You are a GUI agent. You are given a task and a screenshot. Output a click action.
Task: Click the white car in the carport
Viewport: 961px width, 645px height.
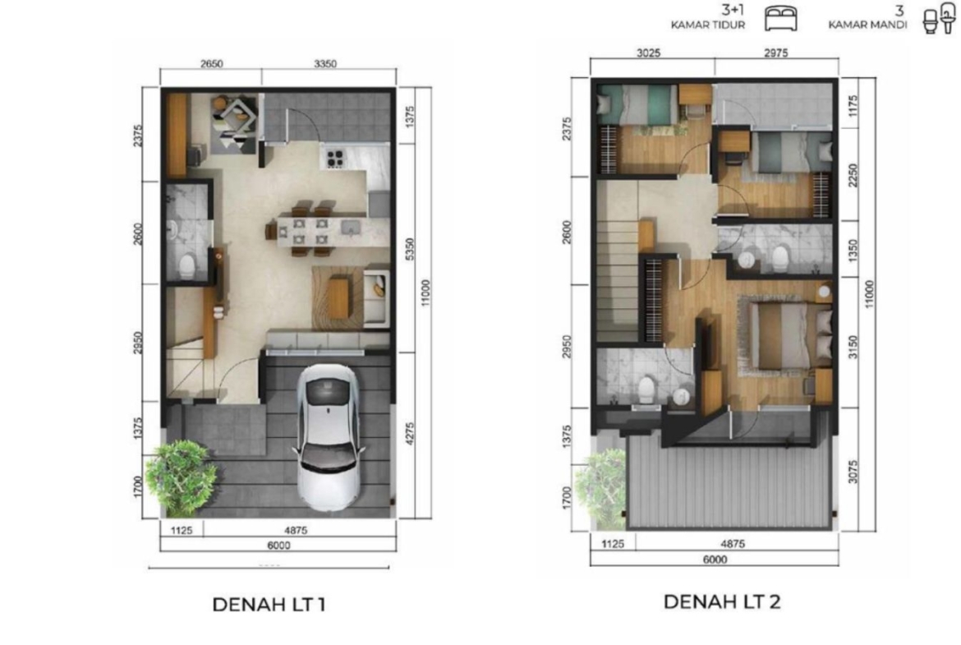click(x=328, y=436)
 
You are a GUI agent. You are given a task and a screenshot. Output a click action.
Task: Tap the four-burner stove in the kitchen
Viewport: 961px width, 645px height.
click(x=334, y=159)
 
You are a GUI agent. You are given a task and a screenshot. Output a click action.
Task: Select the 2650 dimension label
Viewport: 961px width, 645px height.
click(x=211, y=64)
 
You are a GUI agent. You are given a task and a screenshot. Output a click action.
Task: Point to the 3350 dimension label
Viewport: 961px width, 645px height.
click(x=325, y=64)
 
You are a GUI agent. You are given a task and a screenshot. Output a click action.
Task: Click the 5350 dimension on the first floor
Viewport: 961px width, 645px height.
click(x=410, y=249)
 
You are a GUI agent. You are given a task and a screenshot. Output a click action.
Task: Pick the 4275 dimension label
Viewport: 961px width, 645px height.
click(x=410, y=434)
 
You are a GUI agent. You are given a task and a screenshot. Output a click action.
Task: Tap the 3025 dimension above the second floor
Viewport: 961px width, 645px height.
click(x=648, y=53)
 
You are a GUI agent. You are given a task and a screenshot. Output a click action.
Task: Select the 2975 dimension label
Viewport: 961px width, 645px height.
click(x=776, y=53)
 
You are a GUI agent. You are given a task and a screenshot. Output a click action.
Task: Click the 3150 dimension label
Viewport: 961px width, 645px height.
click(x=853, y=347)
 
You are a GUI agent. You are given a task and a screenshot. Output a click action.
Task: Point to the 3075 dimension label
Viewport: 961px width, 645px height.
click(x=853, y=472)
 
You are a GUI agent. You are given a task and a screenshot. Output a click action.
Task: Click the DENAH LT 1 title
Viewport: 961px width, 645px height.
click(x=269, y=605)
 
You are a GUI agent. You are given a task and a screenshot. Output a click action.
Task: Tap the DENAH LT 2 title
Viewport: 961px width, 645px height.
click(x=722, y=601)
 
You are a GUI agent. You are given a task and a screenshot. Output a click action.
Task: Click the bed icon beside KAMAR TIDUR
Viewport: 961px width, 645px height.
click(x=781, y=18)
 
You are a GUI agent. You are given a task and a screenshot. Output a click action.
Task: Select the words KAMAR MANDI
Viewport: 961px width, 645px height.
click(x=867, y=25)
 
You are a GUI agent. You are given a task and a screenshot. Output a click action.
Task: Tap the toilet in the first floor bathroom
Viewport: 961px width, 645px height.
click(x=186, y=266)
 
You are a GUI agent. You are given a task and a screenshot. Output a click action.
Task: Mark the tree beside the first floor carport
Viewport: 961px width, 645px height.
click(x=181, y=477)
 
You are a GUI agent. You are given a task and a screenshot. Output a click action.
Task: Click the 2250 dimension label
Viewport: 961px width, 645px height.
click(x=853, y=175)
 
